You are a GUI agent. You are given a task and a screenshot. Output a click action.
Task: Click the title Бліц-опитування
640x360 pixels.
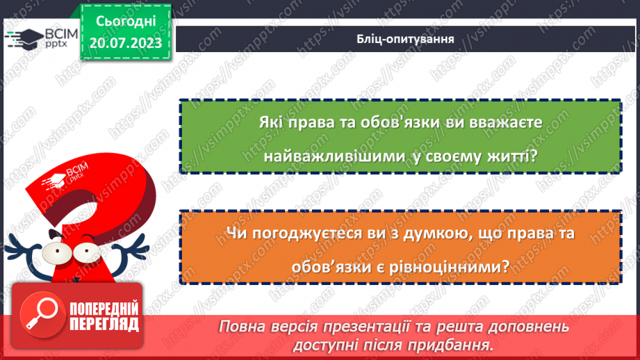pyautogui.click(x=402, y=38)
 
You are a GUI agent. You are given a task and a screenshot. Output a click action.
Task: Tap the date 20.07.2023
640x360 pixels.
pyautogui.click(x=125, y=43)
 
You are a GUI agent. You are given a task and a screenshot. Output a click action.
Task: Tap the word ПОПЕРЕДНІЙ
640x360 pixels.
pyautogui.click(x=104, y=309)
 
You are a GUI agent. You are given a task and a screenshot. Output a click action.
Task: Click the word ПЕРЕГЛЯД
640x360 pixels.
pyautogui.click(x=104, y=325)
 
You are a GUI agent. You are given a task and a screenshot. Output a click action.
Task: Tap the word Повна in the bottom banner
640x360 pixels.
pyautogui.click(x=241, y=327)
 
